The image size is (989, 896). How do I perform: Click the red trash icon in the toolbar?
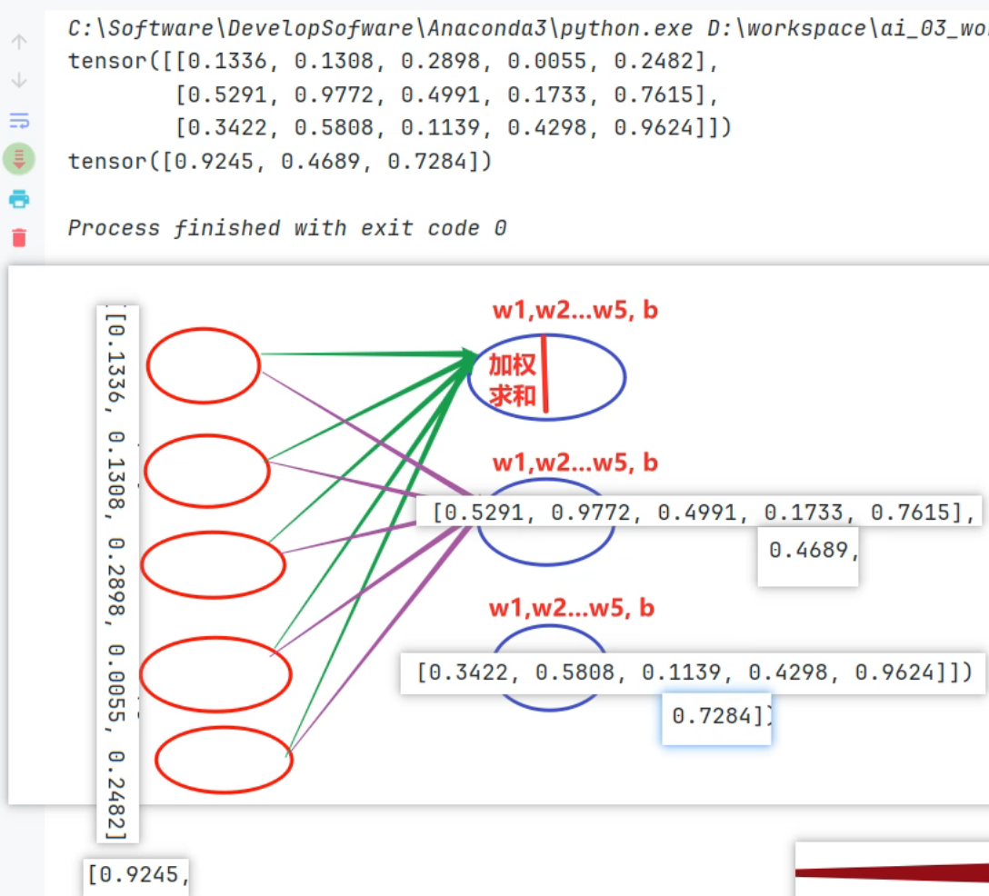[x=19, y=238]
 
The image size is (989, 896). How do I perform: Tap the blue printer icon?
[x=19, y=199]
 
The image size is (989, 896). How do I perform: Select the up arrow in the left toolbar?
[x=19, y=42]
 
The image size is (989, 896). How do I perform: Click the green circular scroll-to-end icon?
[x=19, y=159]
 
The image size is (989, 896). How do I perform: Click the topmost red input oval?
[x=204, y=364]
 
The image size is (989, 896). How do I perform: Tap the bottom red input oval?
[x=224, y=760]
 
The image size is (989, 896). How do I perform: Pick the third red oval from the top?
[x=213, y=565]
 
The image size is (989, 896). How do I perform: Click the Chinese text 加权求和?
[x=512, y=381]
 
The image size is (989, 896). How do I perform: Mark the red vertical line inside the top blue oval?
[x=545, y=373]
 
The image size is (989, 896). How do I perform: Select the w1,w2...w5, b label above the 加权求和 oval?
[x=574, y=310]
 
